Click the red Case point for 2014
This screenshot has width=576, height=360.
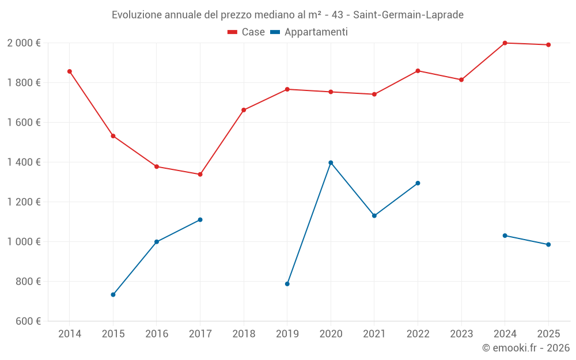pos(70,71)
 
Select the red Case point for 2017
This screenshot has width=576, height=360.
pos(200,174)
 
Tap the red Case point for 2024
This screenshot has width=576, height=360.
pos(505,43)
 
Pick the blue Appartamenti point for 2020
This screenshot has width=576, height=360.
pos(331,162)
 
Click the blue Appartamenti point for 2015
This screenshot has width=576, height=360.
pos(113,294)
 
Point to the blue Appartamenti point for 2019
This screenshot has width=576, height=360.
pos(287,283)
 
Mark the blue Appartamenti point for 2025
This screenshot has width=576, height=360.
pos(548,244)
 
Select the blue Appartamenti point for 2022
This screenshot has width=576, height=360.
pos(418,183)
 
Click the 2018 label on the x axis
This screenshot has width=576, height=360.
pos(244,334)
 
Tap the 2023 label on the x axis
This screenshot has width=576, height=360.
pos(461,334)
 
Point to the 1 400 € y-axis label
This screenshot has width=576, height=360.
pos(24,162)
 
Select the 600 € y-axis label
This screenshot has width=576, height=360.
pos(27,321)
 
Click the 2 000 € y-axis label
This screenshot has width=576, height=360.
pos(24,43)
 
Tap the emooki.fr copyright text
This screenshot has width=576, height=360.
pos(526,347)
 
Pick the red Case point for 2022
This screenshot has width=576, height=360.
pos(418,71)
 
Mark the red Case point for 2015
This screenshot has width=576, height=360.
pos(113,136)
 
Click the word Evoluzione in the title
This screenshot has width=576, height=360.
pos(137,14)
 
